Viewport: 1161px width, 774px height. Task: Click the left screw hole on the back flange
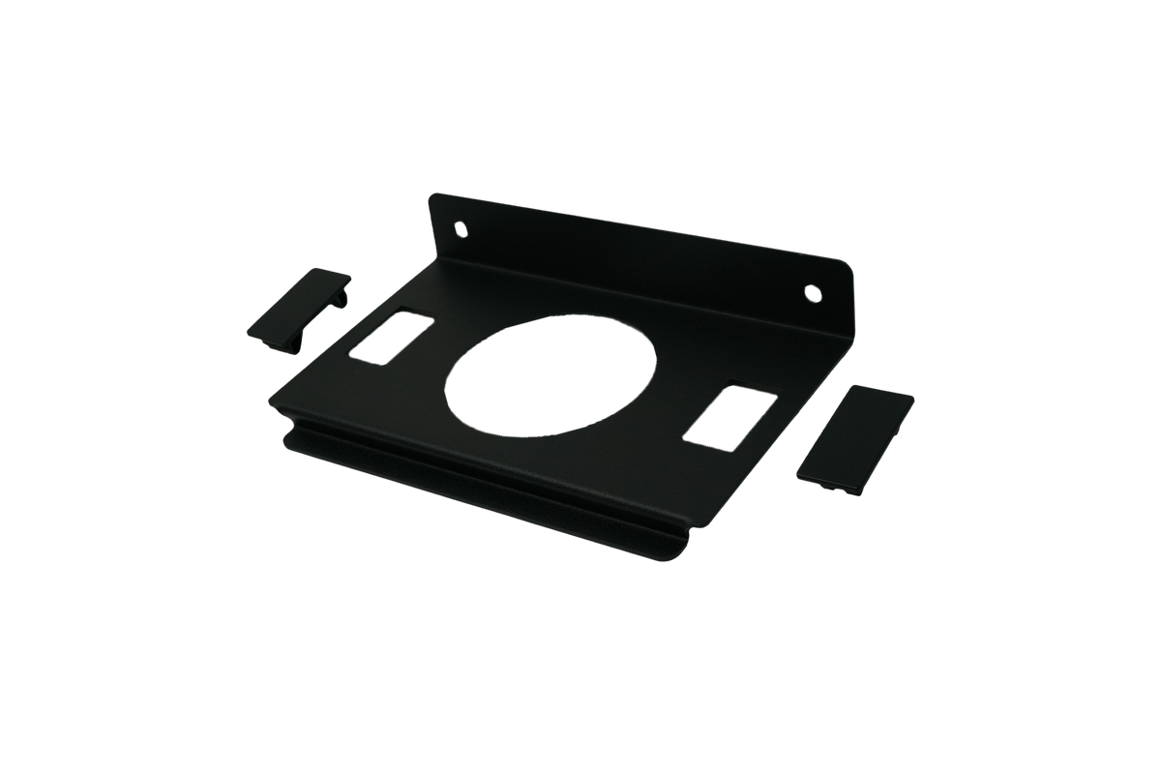click(461, 230)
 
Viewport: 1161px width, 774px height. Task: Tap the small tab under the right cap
click(828, 490)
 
